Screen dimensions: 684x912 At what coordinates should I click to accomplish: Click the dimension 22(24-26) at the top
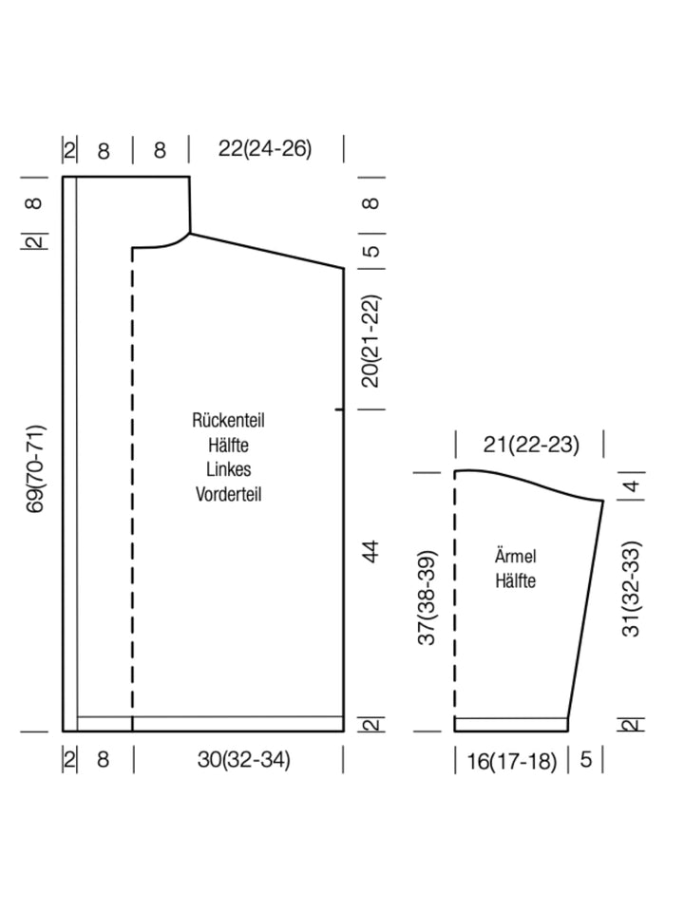tap(265, 149)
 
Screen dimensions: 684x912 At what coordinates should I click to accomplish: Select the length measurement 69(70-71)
tap(35, 468)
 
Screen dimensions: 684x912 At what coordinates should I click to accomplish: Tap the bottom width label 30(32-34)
tap(244, 760)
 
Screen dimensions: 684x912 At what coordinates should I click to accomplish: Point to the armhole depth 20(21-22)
tap(370, 341)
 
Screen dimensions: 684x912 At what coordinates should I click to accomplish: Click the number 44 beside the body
tap(370, 551)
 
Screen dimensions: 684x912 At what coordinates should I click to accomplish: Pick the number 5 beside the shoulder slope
tap(371, 251)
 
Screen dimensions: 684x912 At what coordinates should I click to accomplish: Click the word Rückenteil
tap(229, 421)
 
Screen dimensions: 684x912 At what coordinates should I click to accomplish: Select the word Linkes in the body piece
tap(229, 469)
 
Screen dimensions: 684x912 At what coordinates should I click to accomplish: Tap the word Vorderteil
tap(229, 494)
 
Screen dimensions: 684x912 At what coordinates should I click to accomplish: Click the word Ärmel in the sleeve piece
tap(515, 556)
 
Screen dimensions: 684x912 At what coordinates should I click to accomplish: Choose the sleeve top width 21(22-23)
tap(531, 445)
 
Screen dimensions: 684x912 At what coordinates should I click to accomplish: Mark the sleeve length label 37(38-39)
tap(427, 598)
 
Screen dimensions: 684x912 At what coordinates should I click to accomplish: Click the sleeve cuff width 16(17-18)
tap(512, 761)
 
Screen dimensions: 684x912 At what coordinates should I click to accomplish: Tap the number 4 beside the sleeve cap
tap(632, 484)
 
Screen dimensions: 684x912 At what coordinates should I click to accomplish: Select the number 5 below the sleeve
tap(586, 760)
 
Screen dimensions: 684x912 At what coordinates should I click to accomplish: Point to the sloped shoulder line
tap(267, 251)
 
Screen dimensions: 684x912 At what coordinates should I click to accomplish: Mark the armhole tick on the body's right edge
tap(339, 410)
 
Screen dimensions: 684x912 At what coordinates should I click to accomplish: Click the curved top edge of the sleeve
tap(528, 481)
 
